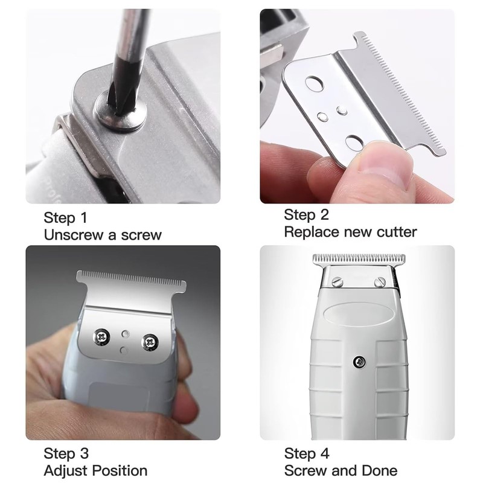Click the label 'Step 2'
coord(306,214)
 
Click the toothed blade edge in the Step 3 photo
coord(130,280)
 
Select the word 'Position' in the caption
coord(117,470)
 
